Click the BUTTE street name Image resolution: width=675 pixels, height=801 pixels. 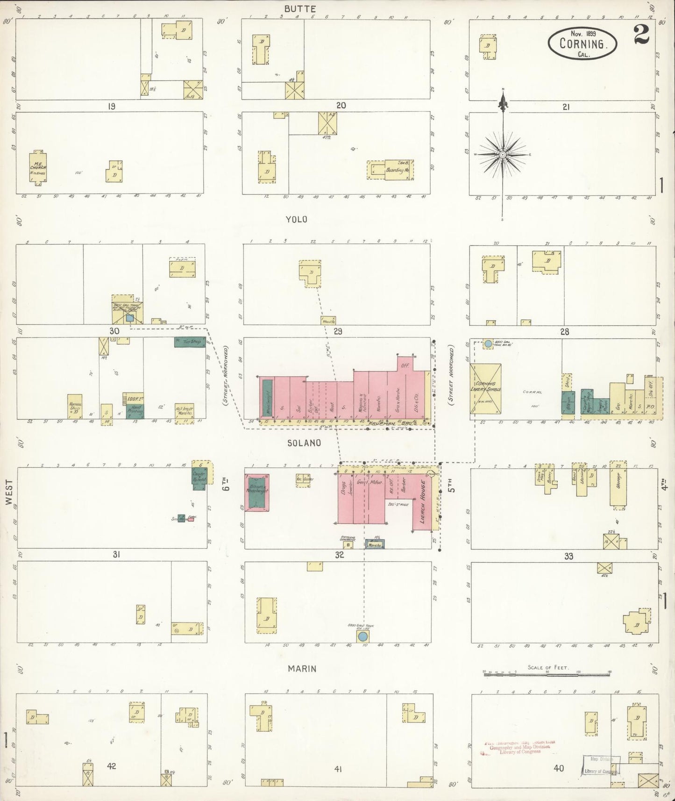301,9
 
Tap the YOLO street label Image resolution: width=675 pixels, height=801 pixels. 297,219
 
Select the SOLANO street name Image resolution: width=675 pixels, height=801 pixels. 304,443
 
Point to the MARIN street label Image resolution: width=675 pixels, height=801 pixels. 302,669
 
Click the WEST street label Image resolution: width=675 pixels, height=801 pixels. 10,493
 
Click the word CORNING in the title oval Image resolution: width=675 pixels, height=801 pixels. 582,44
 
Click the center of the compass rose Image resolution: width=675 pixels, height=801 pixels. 503,154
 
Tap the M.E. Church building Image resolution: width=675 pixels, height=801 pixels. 38,167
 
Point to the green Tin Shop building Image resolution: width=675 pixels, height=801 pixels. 190,342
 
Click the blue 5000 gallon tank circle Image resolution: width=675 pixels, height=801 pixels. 362,637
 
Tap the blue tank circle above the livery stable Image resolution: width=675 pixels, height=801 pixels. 488,343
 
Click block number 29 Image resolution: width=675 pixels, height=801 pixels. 338,331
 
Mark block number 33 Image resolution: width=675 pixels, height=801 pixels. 568,556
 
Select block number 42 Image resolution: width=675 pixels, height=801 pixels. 111,766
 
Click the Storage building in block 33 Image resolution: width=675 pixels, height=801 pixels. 618,489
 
